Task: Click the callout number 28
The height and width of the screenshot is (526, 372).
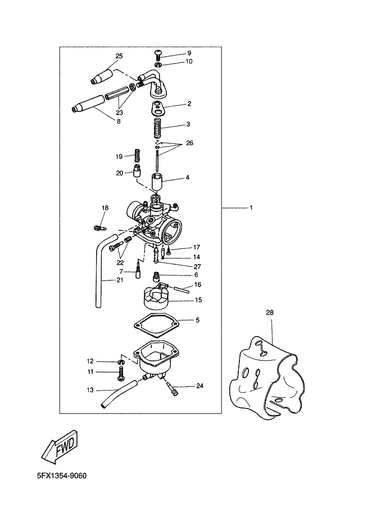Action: [x=270, y=312]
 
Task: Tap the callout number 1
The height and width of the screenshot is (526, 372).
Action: [x=251, y=208]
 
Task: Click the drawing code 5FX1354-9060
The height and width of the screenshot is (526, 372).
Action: [x=61, y=475]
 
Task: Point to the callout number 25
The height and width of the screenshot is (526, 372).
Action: [x=119, y=56]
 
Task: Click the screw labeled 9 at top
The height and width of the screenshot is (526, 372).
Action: [x=160, y=54]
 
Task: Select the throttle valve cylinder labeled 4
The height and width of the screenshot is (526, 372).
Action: [x=158, y=183]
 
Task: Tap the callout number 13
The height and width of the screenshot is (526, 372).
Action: [x=90, y=389]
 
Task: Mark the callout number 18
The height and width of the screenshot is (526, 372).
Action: [x=105, y=208]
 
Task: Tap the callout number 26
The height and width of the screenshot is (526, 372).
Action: [x=189, y=143]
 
